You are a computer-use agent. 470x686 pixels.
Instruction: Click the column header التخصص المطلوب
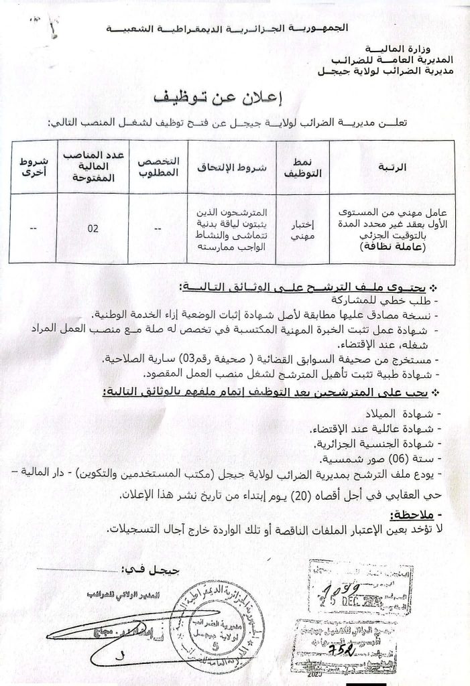tap(158, 165)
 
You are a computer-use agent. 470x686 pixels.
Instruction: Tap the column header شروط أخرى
tap(32, 165)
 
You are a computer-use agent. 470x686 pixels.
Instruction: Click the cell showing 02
tap(93, 228)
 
